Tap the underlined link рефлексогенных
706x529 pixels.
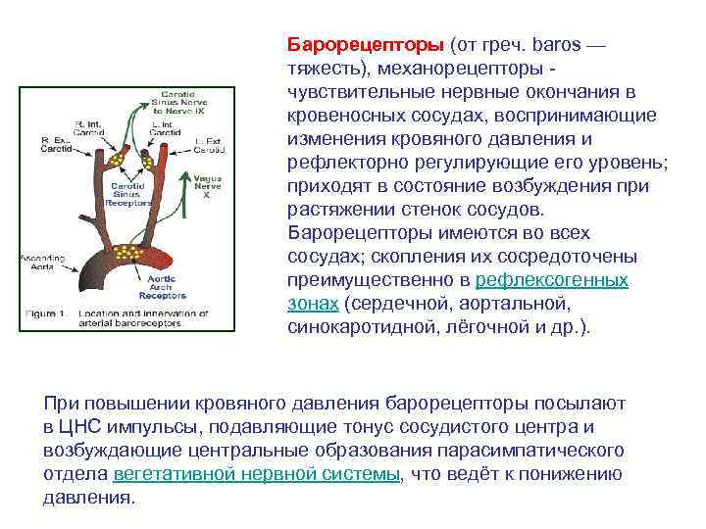coord(552,280)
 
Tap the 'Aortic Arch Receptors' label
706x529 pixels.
coord(162,285)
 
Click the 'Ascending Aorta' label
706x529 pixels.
coord(39,262)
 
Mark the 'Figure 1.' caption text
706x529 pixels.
coord(44,313)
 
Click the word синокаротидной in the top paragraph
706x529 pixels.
coord(362,326)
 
